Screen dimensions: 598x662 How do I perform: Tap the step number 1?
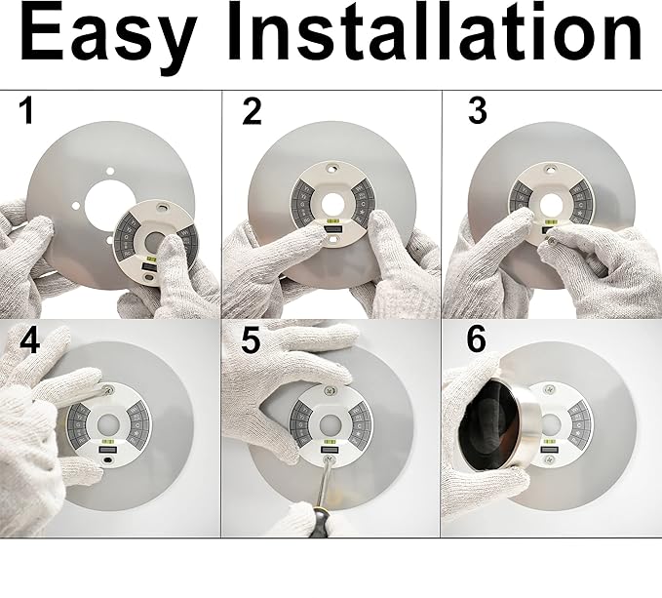click(x=26, y=112)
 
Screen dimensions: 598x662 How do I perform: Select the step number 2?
click(x=252, y=112)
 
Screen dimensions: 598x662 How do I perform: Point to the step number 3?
click(x=477, y=111)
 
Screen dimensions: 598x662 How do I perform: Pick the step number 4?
click(x=29, y=342)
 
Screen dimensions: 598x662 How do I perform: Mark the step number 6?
click(x=476, y=340)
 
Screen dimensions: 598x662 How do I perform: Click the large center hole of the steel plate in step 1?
click(x=104, y=208)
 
